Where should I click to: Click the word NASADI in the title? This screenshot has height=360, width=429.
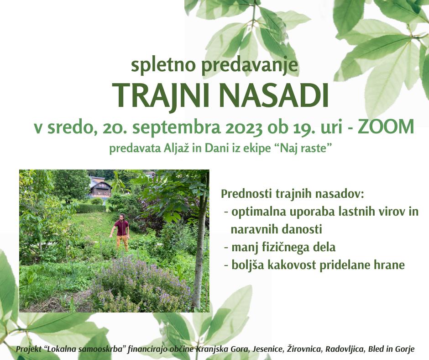point(274,95)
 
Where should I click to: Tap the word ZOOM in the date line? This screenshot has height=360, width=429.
point(386,127)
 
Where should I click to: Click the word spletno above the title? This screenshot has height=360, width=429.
point(163,65)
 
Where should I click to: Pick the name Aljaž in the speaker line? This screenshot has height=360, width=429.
point(177,149)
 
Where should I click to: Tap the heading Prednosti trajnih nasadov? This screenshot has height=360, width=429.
point(293,194)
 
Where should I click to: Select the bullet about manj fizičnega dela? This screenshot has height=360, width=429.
point(280,247)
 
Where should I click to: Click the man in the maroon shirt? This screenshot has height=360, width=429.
point(121,232)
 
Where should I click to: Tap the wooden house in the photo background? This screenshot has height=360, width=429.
point(99,187)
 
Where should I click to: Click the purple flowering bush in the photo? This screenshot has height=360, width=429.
point(142,282)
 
